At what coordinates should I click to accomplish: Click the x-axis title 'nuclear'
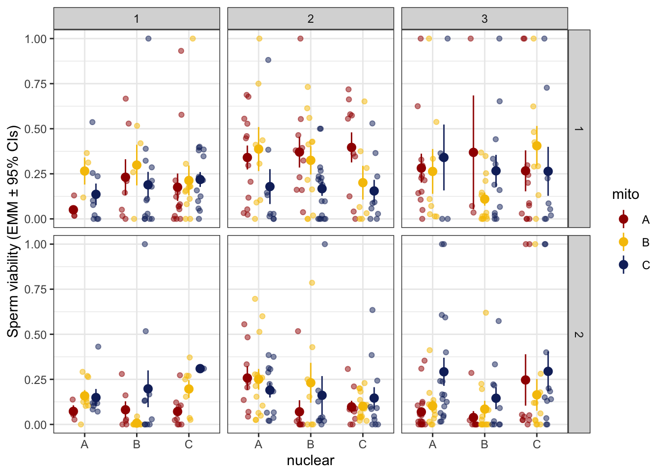click(x=310, y=461)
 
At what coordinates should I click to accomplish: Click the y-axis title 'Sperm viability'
click(x=13, y=231)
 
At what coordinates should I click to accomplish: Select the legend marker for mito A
click(x=623, y=220)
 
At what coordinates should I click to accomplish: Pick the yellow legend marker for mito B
click(x=623, y=242)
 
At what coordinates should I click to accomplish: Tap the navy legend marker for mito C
click(x=623, y=265)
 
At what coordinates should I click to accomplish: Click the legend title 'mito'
click(x=625, y=194)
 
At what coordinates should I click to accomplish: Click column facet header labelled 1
click(x=137, y=19)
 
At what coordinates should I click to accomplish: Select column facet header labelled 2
click(x=310, y=19)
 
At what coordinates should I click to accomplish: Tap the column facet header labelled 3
click(x=484, y=19)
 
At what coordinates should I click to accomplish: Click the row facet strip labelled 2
click(x=578, y=334)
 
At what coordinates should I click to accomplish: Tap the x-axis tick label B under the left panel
click(x=137, y=444)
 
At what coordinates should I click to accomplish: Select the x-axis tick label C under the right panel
click(x=536, y=444)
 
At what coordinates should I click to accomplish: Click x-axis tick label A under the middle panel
click(x=258, y=444)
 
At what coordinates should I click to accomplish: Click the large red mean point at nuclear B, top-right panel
click(x=474, y=152)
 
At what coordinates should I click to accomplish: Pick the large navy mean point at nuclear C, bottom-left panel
click(x=200, y=369)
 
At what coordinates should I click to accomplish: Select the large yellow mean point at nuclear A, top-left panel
click(x=85, y=171)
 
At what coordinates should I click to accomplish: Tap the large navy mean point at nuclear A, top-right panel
click(x=444, y=157)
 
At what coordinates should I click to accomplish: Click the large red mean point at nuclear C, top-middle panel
click(x=351, y=147)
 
